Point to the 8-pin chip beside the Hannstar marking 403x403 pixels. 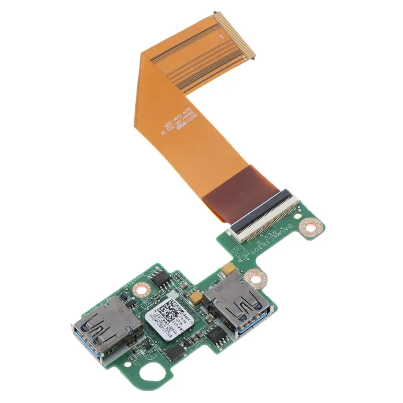click(x=161, y=278)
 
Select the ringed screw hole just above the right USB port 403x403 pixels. click(x=255, y=278)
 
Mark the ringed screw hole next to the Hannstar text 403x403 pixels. click(x=141, y=290)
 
